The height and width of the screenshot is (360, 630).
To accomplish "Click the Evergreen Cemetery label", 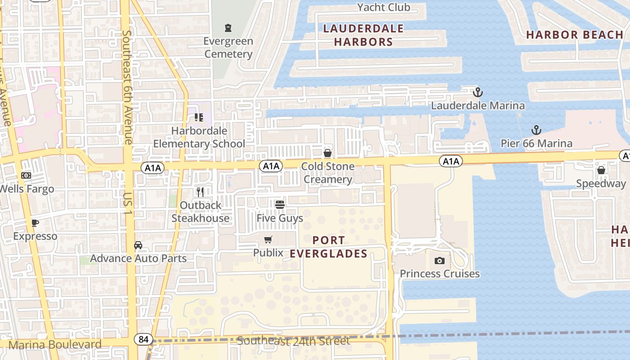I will click(228, 48).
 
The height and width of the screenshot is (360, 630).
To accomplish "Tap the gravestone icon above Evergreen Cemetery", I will click(228, 28).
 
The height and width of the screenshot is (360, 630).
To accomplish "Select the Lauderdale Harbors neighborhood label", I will click(364, 36).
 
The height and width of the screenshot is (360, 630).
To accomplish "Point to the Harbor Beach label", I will click(575, 35).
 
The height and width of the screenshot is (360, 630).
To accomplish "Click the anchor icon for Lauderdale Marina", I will click(477, 93).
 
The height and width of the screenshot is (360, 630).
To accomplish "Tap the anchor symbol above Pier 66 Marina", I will click(536, 130).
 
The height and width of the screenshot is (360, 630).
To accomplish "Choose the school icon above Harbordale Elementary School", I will click(199, 118).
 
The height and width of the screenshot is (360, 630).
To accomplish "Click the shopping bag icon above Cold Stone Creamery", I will click(328, 153).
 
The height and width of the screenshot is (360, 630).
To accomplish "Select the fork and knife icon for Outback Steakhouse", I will click(200, 192).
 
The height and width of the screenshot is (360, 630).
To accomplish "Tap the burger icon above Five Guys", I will click(280, 205).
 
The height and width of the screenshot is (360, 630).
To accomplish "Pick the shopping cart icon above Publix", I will click(268, 240).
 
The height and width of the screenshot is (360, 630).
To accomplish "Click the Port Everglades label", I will click(328, 247).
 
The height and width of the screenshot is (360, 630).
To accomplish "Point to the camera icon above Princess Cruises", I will click(440, 261).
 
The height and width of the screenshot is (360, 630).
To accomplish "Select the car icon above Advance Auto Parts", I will click(138, 245).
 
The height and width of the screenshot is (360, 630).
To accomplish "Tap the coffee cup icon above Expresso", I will click(35, 223).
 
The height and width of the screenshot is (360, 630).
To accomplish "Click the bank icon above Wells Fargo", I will click(26, 175).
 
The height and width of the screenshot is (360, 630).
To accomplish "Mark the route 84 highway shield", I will click(144, 339).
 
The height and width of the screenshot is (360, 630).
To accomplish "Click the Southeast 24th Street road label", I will click(293, 341).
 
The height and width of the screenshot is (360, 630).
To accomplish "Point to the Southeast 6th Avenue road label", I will click(127, 87).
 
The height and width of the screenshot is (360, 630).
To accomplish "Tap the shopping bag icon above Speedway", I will click(601, 170).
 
